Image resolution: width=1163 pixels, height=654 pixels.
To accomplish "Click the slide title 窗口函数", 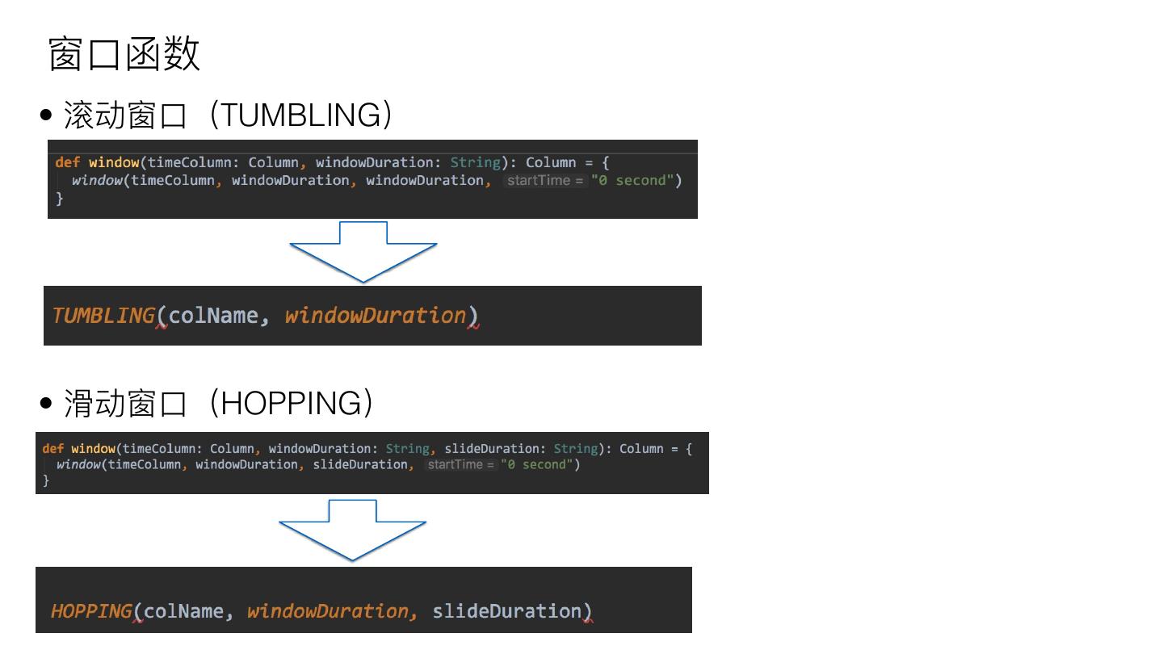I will [x=124, y=55].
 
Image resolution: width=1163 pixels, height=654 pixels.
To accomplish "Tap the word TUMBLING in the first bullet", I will [x=300, y=115].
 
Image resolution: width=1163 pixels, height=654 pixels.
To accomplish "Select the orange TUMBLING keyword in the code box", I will [x=103, y=316].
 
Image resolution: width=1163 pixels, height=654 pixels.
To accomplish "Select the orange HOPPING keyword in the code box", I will [x=91, y=611].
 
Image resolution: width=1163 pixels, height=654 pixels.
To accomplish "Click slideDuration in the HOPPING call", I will [x=506, y=611].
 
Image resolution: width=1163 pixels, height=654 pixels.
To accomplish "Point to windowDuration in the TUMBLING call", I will [x=376, y=316].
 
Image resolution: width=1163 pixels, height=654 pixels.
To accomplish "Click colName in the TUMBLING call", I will [x=213, y=316].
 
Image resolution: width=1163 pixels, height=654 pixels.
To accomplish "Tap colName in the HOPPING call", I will [x=183, y=611].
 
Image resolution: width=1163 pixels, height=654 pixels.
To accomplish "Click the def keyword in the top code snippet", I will [x=67, y=162].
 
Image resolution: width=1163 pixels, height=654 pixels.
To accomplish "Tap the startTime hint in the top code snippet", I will [x=545, y=180].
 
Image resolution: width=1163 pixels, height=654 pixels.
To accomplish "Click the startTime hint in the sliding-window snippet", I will [x=461, y=464].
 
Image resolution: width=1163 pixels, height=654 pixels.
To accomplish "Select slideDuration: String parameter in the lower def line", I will [x=521, y=448].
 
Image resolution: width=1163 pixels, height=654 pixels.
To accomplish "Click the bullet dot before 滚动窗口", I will [x=46, y=115].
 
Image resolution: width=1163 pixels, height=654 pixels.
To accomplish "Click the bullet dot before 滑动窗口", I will [x=46, y=403].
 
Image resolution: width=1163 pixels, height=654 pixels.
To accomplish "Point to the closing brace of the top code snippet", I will [x=59, y=199].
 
